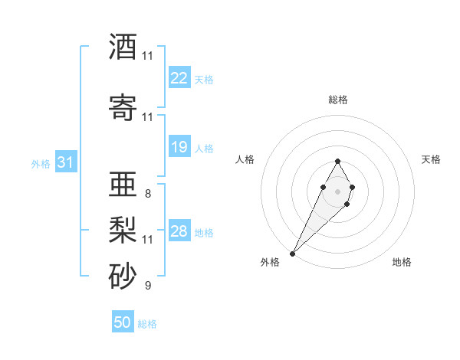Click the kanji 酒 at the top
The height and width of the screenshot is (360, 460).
click(123, 47)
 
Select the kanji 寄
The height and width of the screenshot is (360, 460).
click(123, 108)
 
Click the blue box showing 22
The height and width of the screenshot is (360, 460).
click(179, 78)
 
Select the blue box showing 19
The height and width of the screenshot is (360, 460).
click(179, 147)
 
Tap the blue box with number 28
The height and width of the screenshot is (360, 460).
click(179, 231)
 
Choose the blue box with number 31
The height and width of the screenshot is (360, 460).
click(65, 162)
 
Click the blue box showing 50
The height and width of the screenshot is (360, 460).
click(123, 322)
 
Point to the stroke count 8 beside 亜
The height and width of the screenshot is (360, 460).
click(147, 194)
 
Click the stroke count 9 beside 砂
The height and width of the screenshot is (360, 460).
click(147, 286)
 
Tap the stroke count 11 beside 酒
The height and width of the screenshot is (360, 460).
click(147, 56)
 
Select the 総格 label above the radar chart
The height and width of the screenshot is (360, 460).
click(337, 100)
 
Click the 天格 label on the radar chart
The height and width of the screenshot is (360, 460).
click(431, 159)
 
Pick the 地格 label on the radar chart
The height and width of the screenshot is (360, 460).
click(402, 262)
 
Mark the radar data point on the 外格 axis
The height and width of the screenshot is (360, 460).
click(293, 253)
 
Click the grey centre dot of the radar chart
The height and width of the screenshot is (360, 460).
click(337, 191)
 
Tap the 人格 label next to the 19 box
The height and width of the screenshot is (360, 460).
click(204, 148)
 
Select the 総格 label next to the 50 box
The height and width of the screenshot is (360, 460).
click(147, 324)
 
